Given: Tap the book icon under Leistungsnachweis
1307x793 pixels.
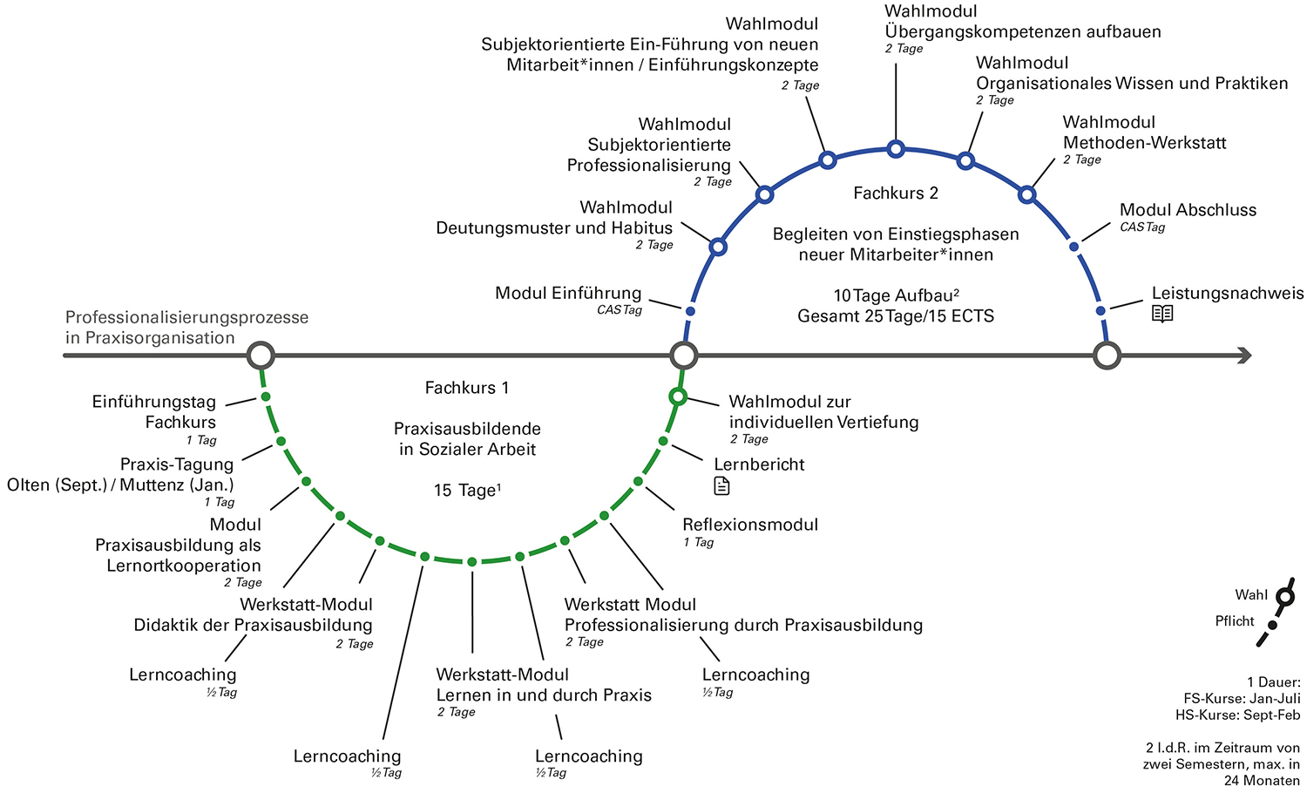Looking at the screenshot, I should (1162, 314).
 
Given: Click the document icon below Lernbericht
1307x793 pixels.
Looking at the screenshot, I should (721, 486).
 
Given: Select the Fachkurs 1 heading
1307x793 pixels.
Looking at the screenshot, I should (466, 388).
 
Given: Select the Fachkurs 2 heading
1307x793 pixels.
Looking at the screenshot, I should (896, 193).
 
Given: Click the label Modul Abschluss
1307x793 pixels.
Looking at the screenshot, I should (1188, 210).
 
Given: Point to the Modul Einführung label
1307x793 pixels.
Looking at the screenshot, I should (568, 293).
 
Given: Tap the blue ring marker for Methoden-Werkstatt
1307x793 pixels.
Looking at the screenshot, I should (1026, 194).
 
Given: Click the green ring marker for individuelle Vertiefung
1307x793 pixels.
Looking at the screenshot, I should (678, 397).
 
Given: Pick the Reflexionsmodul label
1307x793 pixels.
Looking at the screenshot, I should (750, 525).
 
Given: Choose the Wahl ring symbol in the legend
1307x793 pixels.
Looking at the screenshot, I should (1284, 597).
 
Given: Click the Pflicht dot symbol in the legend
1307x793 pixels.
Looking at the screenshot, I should (1272, 625).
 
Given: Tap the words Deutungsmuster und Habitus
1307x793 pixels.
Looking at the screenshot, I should (554, 228).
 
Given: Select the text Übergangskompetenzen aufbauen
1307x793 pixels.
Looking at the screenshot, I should (1023, 32).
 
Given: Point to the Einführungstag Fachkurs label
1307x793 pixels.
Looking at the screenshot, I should (154, 411).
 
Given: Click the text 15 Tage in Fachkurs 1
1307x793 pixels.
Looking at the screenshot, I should (467, 491).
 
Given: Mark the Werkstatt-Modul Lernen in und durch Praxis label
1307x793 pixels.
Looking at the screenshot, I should (544, 685).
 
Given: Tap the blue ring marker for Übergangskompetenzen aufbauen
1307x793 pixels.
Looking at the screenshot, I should (896, 149).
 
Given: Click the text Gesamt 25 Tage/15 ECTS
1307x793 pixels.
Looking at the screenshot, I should (896, 316).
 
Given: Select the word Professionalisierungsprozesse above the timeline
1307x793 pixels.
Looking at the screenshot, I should (186, 317).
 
